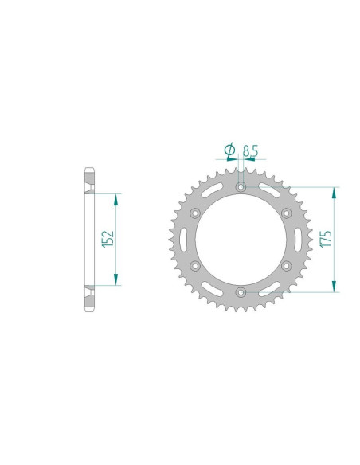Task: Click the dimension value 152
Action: click(109, 239)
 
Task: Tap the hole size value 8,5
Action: click(250, 149)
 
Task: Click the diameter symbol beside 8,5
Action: click(229, 149)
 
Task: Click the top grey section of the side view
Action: click(89, 180)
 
